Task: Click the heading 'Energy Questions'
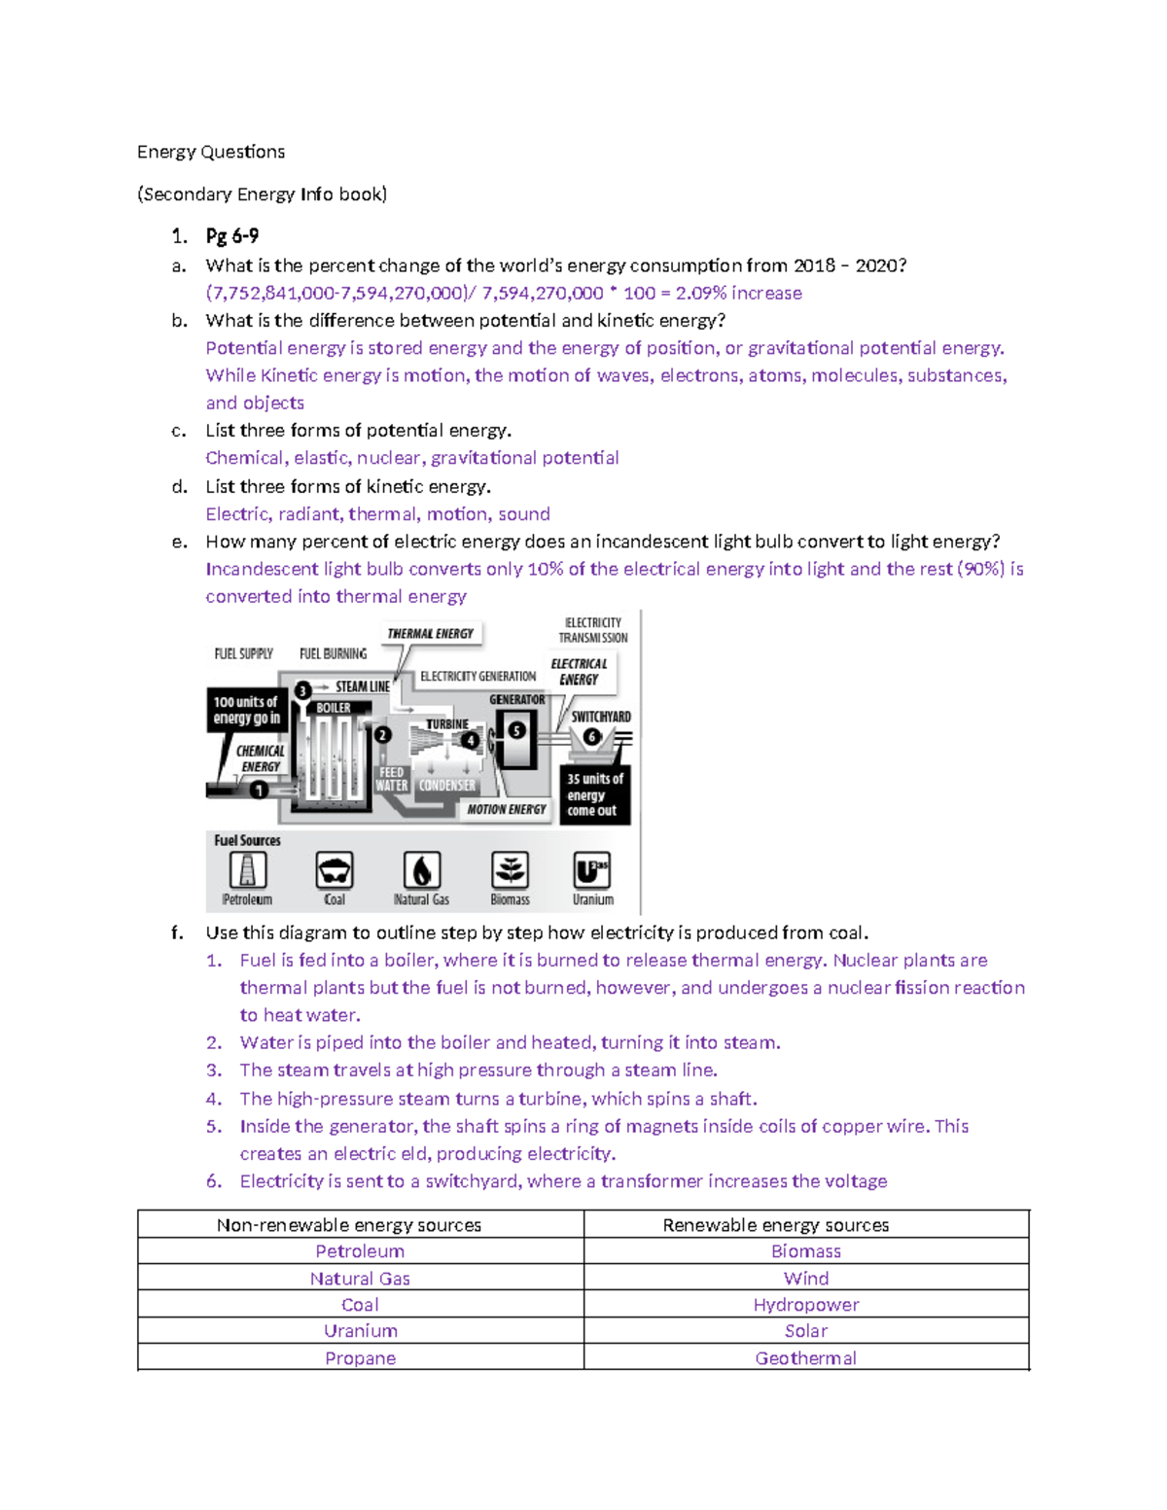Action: [x=211, y=152]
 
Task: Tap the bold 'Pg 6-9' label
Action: [x=231, y=235]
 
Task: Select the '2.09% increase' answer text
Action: [x=739, y=293]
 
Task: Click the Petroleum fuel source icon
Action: [x=247, y=870]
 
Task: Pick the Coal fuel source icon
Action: [x=335, y=870]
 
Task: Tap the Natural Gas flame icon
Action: [x=422, y=870]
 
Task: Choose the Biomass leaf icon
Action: [x=510, y=870]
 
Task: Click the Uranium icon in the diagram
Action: [x=592, y=870]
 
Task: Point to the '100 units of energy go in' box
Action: [x=246, y=710]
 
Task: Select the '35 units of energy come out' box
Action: [x=594, y=794]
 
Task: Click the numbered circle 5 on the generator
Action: [x=517, y=729]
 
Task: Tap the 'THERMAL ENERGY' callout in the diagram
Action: [x=430, y=634]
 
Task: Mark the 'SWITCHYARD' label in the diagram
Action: [x=601, y=717]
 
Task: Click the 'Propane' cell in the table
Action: [x=360, y=1358]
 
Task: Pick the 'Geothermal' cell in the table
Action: [x=805, y=1358]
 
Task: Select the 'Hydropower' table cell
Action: [x=805, y=1305]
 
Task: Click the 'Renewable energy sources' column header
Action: [x=775, y=1225]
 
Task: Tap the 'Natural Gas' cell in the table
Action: [x=360, y=1279]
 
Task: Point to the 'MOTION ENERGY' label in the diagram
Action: [x=506, y=809]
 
